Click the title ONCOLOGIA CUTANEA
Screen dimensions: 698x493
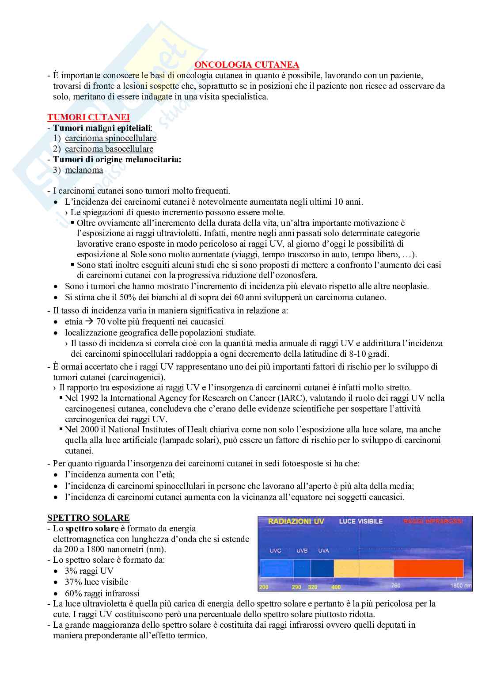click(246, 65)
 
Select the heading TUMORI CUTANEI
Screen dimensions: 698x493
click(88, 117)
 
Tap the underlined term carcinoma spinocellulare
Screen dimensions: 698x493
click(110, 138)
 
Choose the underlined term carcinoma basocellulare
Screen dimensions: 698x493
click(109, 149)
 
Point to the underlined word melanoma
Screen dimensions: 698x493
click(84, 170)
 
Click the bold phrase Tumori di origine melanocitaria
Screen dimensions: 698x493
click(117, 160)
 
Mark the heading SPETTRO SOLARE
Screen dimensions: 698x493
click(88, 518)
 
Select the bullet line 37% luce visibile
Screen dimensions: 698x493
click(96, 582)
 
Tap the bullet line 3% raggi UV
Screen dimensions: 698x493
click(89, 571)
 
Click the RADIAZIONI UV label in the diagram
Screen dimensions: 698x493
click(296, 522)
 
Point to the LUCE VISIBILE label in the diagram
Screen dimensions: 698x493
click(360, 522)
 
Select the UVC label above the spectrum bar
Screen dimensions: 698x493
click(275, 551)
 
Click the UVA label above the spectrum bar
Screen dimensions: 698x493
click(323, 551)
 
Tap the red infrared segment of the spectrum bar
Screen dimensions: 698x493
click(429, 568)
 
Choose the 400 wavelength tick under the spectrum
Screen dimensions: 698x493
click(336, 587)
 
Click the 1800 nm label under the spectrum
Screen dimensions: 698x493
click(461, 586)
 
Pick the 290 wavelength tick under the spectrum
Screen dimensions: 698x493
click(296, 587)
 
